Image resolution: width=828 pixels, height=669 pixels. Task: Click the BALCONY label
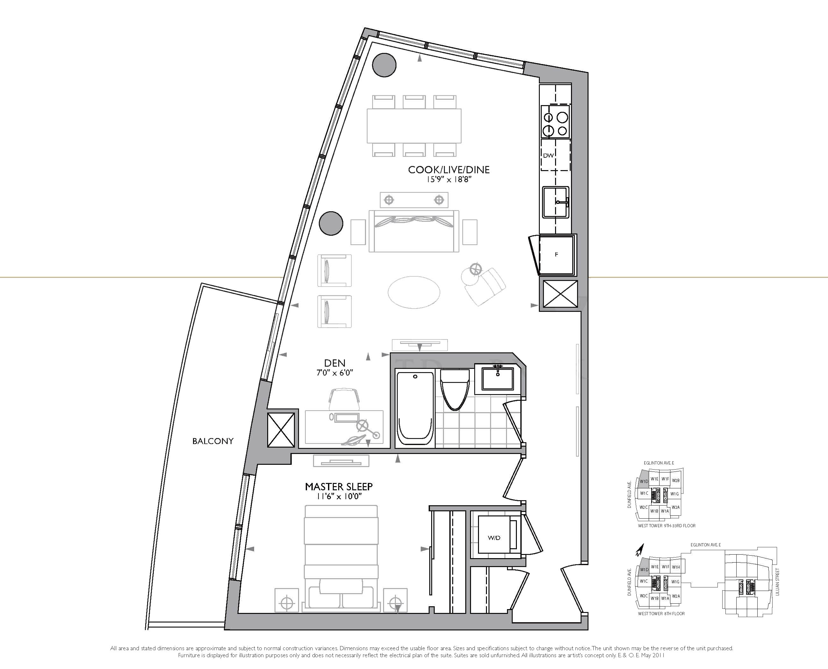pyautogui.click(x=213, y=441)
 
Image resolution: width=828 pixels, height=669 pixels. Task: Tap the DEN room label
pyautogui.click(x=334, y=363)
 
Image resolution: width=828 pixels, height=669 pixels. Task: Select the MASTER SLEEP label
pyautogui.click(x=339, y=487)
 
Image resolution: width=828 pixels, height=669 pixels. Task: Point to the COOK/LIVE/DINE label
pyautogui.click(x=449, y=169)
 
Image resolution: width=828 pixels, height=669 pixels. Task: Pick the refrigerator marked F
pyautogui.click(x=556, y=254)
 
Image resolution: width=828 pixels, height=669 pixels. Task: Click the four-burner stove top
pyautogui.click(x=555, y=121)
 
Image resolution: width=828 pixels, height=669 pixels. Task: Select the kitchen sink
pyautogui.click(x=556, y=202)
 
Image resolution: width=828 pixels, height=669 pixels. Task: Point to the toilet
pyautogui.click(x=455, y=389)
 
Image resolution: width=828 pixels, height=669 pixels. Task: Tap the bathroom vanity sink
pyautogui.click(x=497, y=378)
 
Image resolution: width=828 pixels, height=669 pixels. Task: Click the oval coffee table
pyautogui.click(x=414, y=292)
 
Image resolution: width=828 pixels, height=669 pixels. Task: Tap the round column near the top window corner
pyautogui.click(x=384, y=65)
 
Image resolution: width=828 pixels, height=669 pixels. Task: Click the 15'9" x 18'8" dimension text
pyautogui.click(x=449, y=180)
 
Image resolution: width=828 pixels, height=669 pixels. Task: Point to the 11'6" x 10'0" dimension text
pyautogui.click(x=339, y=497)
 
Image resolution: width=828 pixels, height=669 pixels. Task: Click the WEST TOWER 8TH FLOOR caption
pyautogui.click(x=661, y=614)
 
